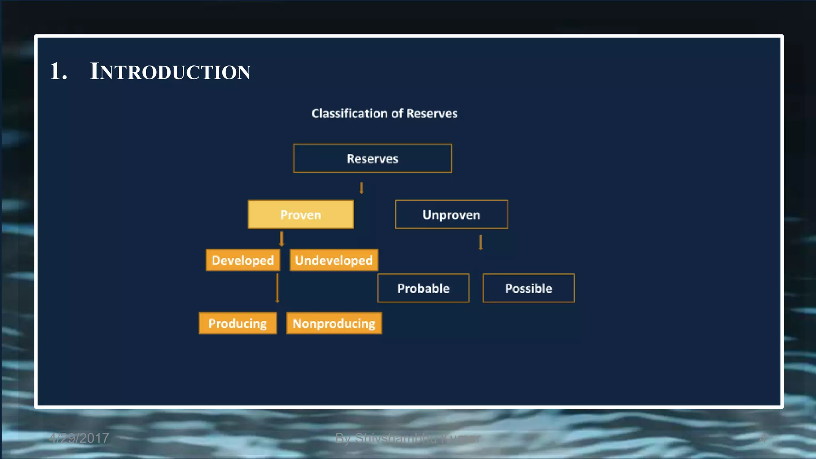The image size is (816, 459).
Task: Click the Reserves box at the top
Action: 373,158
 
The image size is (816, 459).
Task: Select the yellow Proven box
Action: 300,214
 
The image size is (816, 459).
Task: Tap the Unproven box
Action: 451,214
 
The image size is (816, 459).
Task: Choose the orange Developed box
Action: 243,260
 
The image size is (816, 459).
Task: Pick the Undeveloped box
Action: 333,260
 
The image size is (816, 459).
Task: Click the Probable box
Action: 423,288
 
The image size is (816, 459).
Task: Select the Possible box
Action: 528,288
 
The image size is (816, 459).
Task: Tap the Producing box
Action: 237,323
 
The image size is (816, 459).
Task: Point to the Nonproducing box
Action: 334,323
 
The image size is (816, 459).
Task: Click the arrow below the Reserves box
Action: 361,188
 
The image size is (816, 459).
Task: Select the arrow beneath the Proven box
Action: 282,239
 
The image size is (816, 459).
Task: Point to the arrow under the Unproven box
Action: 481,242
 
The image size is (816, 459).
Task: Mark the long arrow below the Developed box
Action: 277,288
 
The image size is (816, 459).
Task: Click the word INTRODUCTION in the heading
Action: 171,72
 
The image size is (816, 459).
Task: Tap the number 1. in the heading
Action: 58,72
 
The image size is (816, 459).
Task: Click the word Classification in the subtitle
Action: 349,114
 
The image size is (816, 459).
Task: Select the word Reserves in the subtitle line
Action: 432,114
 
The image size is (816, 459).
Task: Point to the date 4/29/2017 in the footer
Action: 79,438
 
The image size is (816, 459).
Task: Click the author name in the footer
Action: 408,438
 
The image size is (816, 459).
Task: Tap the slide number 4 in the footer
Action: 762,438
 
